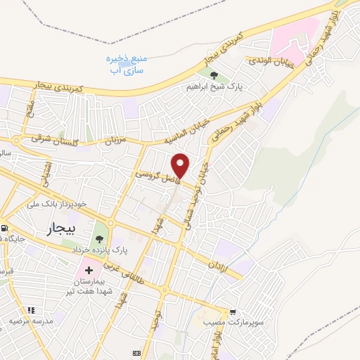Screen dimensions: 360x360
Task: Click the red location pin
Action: click(181, 165)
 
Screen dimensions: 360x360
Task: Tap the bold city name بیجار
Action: click(64, 229)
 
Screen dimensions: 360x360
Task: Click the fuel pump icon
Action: click(5, 229)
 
